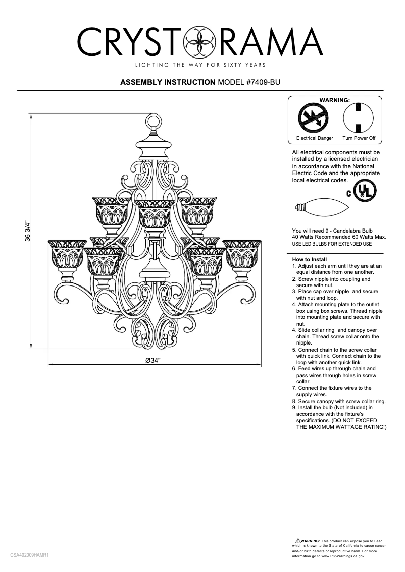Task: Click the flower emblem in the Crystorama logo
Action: pos(197,42)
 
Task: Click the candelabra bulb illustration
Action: pos(320,206)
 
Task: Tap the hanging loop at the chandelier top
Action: pos(153,122)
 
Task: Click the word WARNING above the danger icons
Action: pos(334,100)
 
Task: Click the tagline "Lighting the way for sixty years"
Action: pos(199,65)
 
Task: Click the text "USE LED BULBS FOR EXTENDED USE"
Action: pos(332,244)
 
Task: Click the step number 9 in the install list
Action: pos(294,407)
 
